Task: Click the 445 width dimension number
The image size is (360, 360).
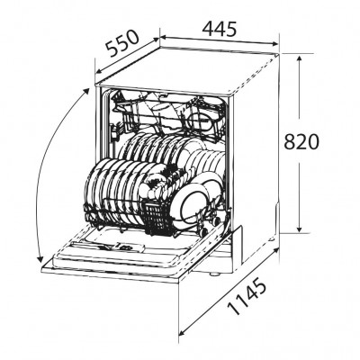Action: pyautogui.click(x=219, y=29)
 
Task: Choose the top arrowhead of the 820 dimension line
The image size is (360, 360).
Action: pyautogui.click(x=299, y=53)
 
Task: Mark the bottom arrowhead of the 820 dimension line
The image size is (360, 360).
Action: pyautogui.click(x=299, y=231)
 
